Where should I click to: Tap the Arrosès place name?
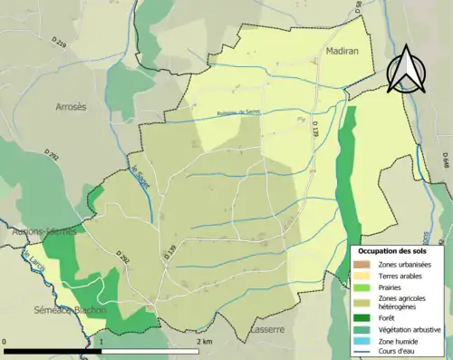click(70, 106)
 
